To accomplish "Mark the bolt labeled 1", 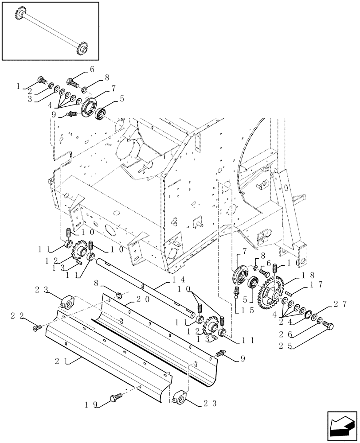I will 41,81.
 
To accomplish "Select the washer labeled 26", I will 319,319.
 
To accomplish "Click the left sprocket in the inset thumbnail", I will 20,16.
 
